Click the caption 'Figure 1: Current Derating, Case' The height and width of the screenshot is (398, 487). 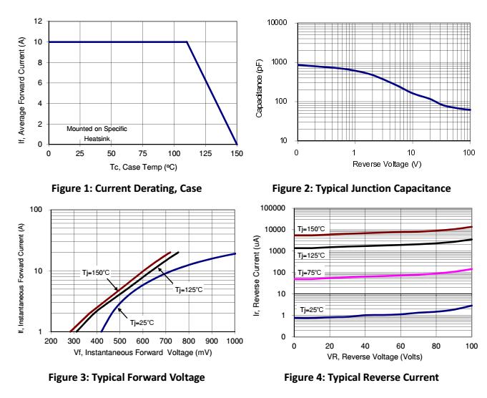pos(127,189)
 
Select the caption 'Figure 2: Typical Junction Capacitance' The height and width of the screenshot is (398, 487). pos(361,189)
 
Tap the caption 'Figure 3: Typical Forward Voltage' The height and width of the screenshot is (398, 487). pos(126,377)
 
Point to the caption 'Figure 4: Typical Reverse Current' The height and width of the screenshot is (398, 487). pos(361,377)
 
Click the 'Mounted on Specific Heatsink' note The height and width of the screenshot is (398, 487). pos(97,133)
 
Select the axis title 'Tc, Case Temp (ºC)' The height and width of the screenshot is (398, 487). pos(143,166)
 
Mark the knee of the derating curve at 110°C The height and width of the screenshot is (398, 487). pos(187,42)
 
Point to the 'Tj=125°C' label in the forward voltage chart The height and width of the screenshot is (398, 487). pos(190,290)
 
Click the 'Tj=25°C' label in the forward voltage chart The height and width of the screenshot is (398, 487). pos(141,322)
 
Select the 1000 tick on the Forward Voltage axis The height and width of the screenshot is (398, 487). pos(235,342)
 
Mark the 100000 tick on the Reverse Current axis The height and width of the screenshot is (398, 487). pos(274,208)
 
